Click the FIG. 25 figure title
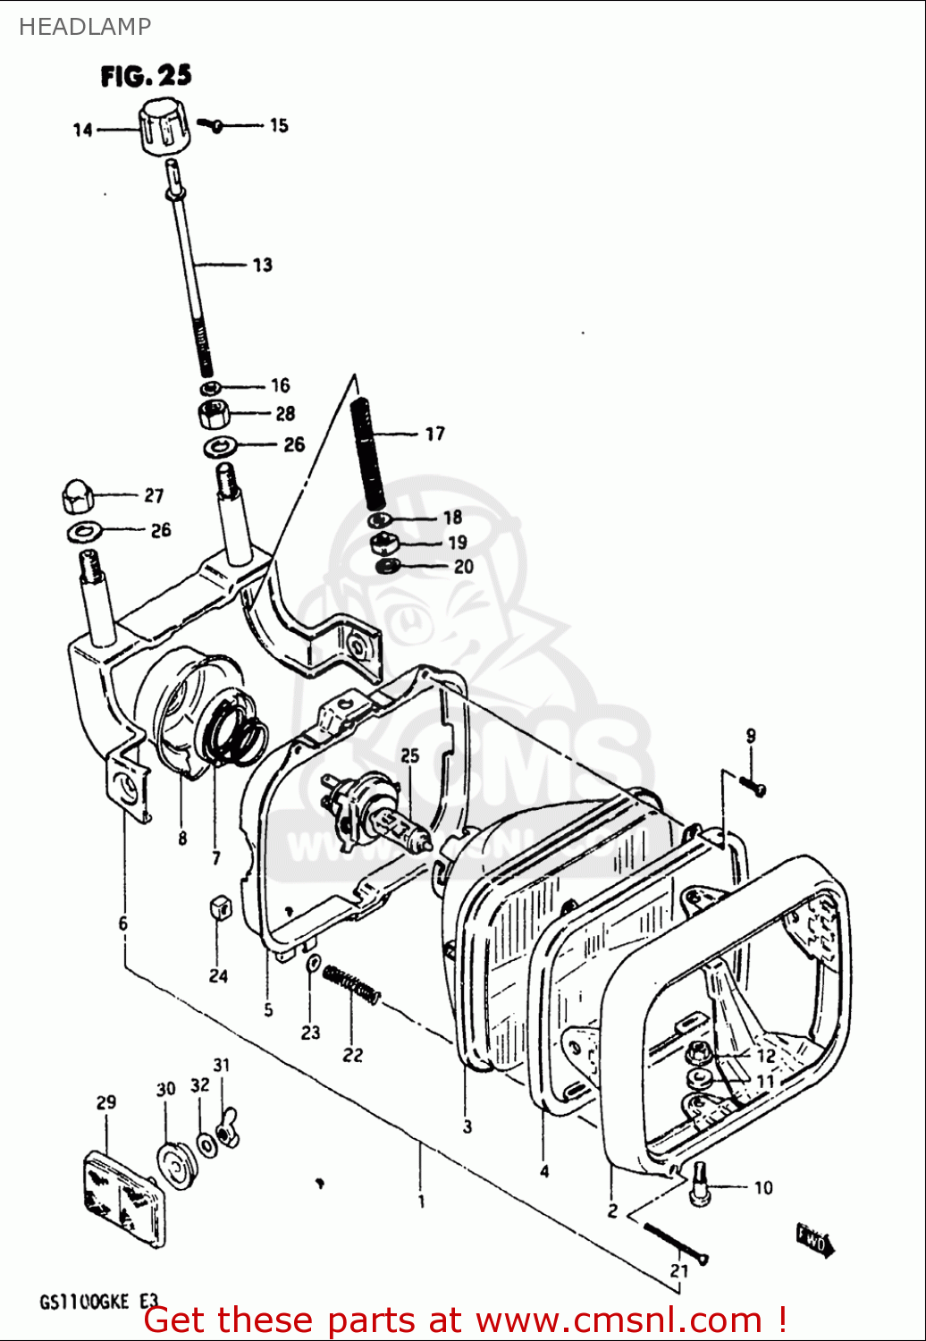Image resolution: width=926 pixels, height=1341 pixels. pos(146,76)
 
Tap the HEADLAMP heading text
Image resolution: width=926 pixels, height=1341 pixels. pos(85,27)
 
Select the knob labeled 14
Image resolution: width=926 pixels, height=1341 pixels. pos(164,130)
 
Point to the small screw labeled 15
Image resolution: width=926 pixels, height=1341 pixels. pos(214,125)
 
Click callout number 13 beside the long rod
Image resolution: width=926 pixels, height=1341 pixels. pos(262,265)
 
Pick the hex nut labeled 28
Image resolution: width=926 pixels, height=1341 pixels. pos(215,414)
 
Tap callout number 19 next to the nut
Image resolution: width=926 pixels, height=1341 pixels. pos(457,542)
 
